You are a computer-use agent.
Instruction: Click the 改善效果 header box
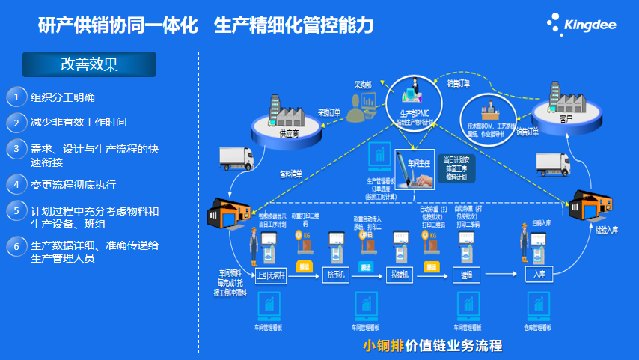[x=89, y=64]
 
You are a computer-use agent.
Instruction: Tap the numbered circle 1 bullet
[x=16, y=97]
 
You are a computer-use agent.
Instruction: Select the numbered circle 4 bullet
[x=16, y=184]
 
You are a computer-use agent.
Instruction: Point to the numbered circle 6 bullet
[x=16, y=245]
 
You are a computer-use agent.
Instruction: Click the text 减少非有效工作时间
[x=79, y=122]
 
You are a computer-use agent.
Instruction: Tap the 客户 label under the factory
[x=565, y=118]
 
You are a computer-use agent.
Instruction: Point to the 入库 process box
[x=539, y=274]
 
